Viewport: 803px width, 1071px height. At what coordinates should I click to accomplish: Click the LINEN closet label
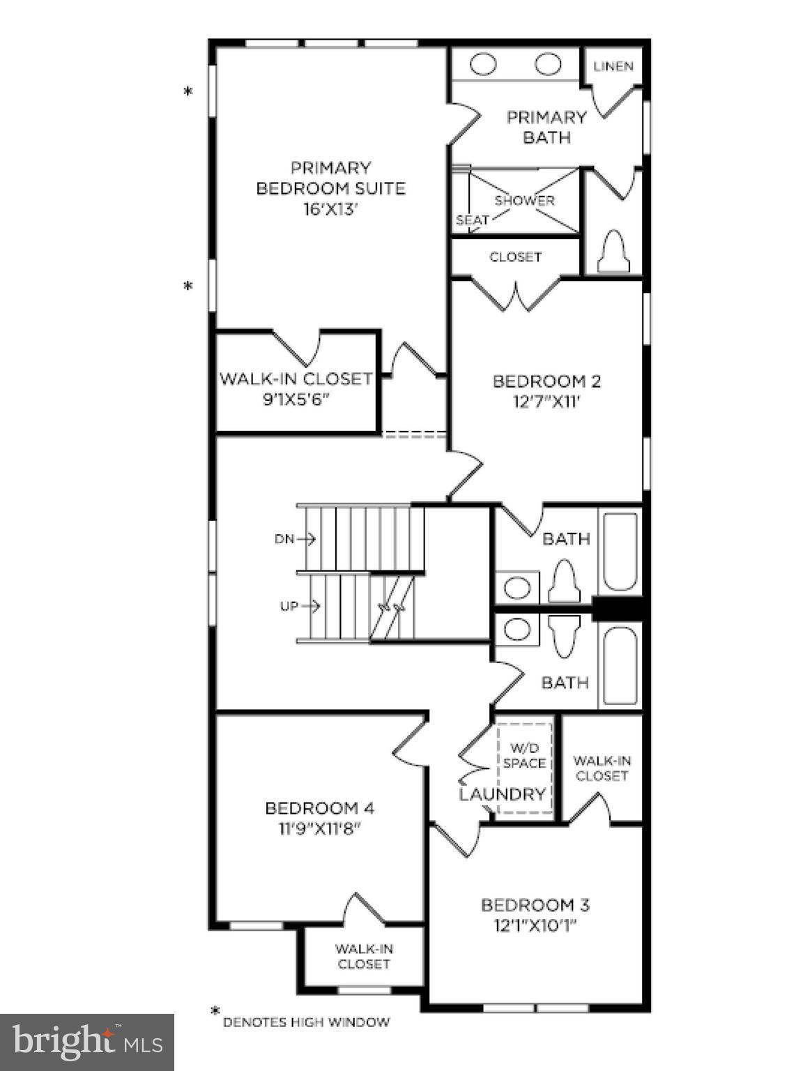click(613, 66)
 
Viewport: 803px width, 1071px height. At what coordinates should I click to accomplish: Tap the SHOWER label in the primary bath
click(524, 200)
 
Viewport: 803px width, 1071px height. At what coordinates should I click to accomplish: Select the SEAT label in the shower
click(472, 220)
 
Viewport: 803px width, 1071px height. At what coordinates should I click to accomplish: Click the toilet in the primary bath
click(614, 253)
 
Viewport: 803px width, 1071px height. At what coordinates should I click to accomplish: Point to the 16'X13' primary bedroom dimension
click(330, 208)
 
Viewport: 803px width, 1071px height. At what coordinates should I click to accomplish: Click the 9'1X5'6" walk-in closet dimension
click(296, 401)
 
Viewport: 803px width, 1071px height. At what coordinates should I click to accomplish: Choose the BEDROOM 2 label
click(546, 381)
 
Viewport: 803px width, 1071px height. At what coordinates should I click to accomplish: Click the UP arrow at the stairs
click(300, 607)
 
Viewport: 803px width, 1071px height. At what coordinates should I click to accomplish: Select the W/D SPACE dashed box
click(524, 767)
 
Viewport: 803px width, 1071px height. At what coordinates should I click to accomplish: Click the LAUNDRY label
click(502, 794)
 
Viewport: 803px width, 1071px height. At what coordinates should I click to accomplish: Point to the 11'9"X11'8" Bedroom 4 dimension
click(320, 828)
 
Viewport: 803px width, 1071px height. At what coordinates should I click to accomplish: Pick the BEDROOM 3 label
click(535, 905)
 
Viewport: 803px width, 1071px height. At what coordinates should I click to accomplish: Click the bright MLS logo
click(86, 1042)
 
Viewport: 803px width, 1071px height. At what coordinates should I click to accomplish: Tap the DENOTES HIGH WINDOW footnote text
click(306, 1022)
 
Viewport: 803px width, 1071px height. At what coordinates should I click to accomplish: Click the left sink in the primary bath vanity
click(483, 65)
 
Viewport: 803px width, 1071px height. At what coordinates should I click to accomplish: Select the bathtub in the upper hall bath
click(620, 552)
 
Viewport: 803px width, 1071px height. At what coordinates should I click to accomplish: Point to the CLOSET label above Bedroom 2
click(515, 257)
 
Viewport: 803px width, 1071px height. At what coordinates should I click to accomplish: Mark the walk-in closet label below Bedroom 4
click(363, 956)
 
